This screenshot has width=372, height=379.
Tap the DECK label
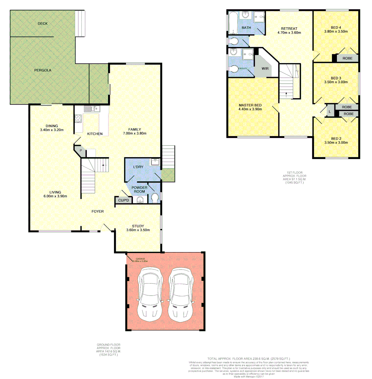pos(42,24)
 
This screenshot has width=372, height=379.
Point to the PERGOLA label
pos(42,70)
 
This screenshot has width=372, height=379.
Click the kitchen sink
pos(92,109)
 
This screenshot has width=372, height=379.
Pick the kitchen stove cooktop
pos(78,119)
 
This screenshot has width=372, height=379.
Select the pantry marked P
pos(81,151)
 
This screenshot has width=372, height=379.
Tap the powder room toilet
pos(155,198)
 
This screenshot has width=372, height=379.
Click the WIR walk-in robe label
pos(265,69)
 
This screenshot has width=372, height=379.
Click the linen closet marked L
pos(330,112)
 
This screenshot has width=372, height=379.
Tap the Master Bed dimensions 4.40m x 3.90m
pos(250,109)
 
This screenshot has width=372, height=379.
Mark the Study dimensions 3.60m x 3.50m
pos(138,230)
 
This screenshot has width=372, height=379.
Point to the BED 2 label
pos(336,138)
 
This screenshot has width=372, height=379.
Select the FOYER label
pos(97,211)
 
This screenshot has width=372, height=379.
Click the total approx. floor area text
pos(248,359)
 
